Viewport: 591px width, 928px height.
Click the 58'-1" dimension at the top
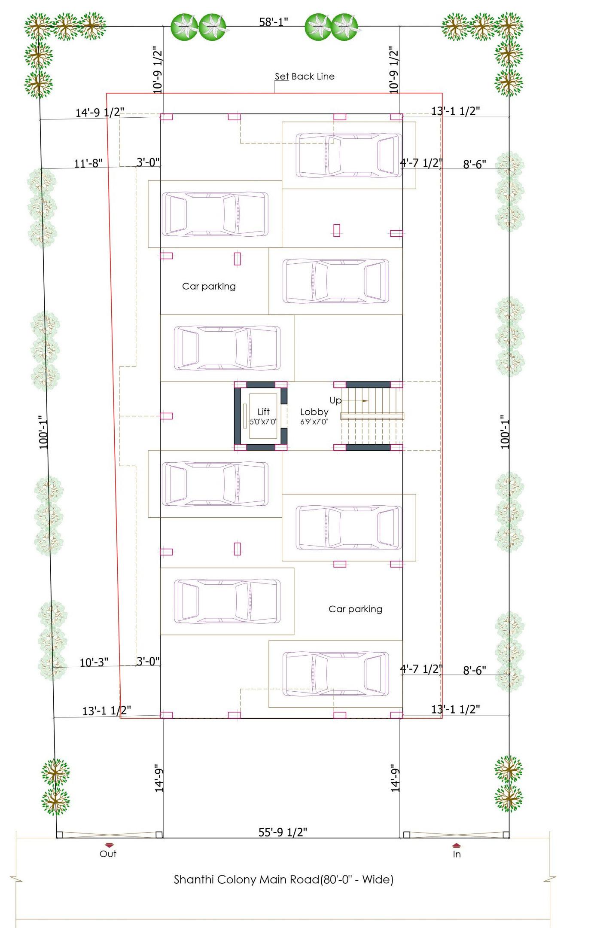274,21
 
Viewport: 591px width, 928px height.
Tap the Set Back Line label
305,76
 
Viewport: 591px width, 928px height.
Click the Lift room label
263,412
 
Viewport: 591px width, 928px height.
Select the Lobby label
314,412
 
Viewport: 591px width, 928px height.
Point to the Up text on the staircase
335,400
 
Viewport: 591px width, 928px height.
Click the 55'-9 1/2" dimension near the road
283,832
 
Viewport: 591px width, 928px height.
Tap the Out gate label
108,854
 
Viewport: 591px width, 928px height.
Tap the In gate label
457,854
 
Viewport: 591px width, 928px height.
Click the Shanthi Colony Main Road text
283,879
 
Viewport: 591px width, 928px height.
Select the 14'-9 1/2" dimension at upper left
100,112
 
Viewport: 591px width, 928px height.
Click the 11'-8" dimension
88,163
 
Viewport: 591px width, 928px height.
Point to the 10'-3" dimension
94,662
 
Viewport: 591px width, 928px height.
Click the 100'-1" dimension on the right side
505,432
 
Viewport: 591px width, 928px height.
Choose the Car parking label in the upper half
209,286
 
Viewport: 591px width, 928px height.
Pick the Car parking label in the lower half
355,609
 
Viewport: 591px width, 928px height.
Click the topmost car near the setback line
349,156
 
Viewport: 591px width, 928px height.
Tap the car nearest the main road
336,674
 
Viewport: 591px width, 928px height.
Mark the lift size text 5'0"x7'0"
263,422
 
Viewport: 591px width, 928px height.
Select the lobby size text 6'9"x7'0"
314,422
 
